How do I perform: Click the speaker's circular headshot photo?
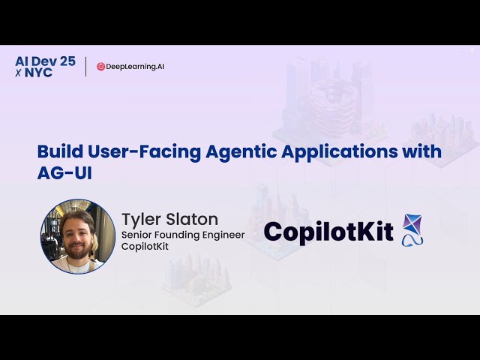[x=77, y=235]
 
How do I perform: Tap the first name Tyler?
[x=142, y=219]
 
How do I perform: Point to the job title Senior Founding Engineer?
[x=183, y=235]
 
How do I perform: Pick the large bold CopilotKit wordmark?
[x=328, y=232]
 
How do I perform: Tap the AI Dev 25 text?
[x=45, y=61]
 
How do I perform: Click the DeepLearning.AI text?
[x=135, y=67]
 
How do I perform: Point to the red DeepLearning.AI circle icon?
[x=100, y=67]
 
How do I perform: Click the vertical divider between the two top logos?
[x=85, y=67]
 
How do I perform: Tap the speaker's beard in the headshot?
[x=78, y=250]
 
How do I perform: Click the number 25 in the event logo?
[x=67, y=61]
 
